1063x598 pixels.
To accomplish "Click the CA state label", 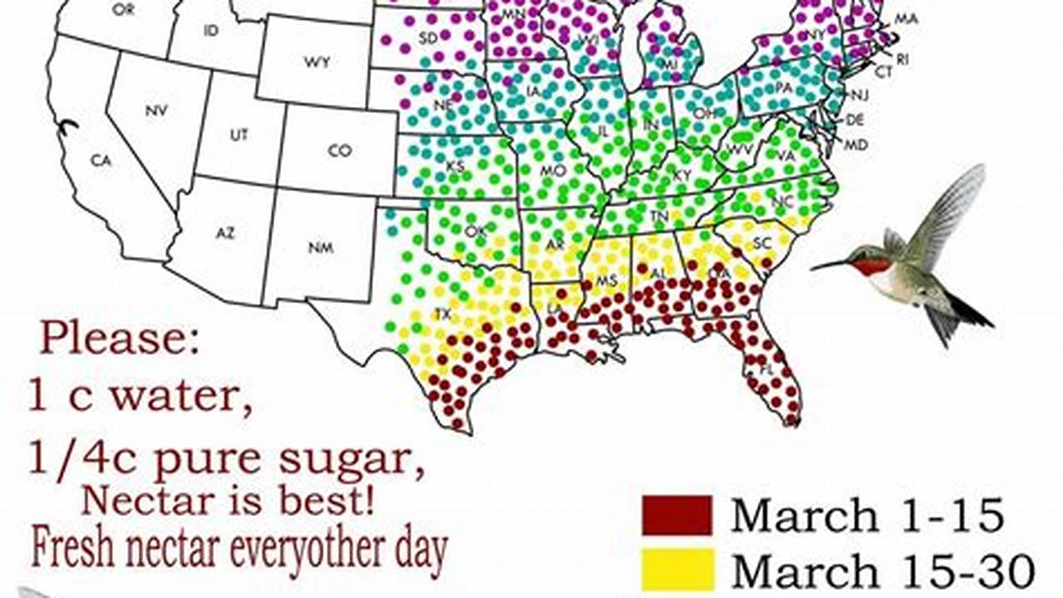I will coord(101,161).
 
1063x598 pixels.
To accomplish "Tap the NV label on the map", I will coord(156,110).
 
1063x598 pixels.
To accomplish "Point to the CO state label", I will coord(339,150).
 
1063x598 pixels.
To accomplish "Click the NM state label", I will coord(320,247).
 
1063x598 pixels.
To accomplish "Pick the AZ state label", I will coord(225,233).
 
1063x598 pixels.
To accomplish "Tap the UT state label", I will coord(239,135).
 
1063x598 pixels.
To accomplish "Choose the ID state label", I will coord(210,31).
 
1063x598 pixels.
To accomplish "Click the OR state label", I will coord(123,10).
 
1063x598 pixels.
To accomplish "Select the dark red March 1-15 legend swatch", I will coord(677,515).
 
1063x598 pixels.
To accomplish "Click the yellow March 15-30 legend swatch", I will coord(677,570).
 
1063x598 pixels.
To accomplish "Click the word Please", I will coord(120,339).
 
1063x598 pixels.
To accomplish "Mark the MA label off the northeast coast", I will coord(906,18).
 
